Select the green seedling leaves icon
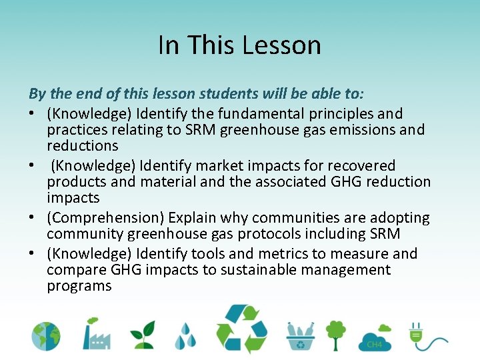[142, 334]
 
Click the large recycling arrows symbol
[241, 329]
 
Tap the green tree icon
[336, 333]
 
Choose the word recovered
[365, 166]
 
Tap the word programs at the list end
[79, 286]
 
